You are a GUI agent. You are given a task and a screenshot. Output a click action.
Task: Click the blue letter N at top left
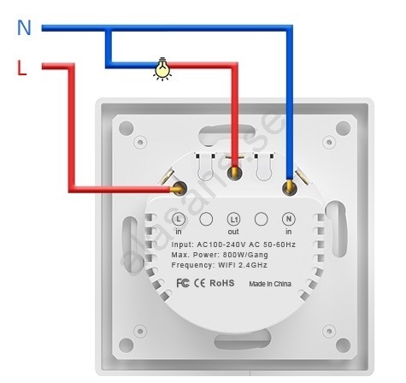(24, 27)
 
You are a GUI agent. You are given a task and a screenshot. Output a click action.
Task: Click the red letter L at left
(21, 68)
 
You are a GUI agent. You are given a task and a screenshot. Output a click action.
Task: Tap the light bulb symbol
(162, 68)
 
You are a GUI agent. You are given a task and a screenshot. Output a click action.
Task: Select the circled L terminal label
(179, 219)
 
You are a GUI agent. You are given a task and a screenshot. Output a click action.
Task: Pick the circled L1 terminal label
(233, 220)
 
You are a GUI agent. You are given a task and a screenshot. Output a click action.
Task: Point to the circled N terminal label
(289, 219)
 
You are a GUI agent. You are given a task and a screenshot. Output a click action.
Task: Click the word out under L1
(233, 232)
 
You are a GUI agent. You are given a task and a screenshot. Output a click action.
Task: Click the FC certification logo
(183, 283)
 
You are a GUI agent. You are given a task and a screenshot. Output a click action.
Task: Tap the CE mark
(199, 283)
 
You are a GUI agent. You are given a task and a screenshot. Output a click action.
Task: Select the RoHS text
(222, 283)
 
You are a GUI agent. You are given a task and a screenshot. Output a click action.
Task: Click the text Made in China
(270, 284)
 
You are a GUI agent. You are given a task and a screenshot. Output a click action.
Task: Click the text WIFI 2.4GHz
(243, 265)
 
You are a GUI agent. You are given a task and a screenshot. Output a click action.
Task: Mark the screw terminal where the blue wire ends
(290, 188)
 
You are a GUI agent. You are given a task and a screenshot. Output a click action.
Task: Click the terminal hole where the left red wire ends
(179, 188)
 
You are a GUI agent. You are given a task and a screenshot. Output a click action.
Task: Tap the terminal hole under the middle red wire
(234, 173)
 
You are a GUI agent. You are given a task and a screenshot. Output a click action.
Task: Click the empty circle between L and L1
(206, 219)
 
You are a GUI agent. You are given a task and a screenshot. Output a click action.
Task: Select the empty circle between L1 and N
(262, 219)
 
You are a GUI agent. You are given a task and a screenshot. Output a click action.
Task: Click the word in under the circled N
(289, 232)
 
